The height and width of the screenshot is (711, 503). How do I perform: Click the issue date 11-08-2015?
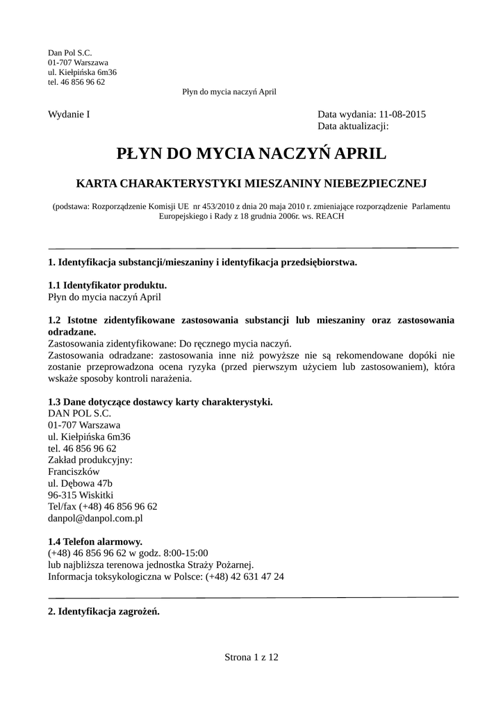[403, 115]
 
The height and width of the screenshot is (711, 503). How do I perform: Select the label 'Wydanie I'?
[69, 115]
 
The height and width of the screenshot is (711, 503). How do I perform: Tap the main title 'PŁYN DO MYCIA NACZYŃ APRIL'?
[251, 153]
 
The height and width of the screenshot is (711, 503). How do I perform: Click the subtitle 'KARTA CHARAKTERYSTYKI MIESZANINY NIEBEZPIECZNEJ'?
[251, 183]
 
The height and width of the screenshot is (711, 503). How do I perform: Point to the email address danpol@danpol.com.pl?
[95, 518]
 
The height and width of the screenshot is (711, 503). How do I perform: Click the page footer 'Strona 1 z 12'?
[251, 657]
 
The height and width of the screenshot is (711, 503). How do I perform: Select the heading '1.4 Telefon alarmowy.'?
[95, 542]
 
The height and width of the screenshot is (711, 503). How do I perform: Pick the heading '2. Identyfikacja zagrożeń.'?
[104, 612]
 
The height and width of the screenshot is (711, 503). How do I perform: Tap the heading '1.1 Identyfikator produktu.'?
[107, 285]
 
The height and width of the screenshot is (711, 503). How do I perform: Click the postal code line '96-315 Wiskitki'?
[80, 495]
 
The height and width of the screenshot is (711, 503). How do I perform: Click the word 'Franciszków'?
[73, 471]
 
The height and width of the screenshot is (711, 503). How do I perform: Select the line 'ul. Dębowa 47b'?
[80, 483]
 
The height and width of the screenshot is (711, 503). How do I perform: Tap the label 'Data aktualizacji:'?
[352, 126]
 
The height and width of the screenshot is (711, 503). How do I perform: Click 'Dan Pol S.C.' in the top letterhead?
[69, 53]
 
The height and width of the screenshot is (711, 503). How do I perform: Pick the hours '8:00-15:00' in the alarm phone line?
[185, 553]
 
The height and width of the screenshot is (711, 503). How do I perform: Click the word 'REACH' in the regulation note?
[329, 216]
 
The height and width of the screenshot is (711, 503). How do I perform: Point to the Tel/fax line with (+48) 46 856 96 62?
[102, 507]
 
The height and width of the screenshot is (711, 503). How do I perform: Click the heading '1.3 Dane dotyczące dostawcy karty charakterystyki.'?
[160, 402]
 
